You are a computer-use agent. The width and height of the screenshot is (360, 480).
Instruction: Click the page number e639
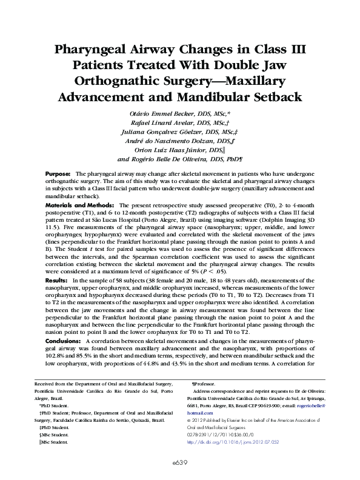pos(179,461)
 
